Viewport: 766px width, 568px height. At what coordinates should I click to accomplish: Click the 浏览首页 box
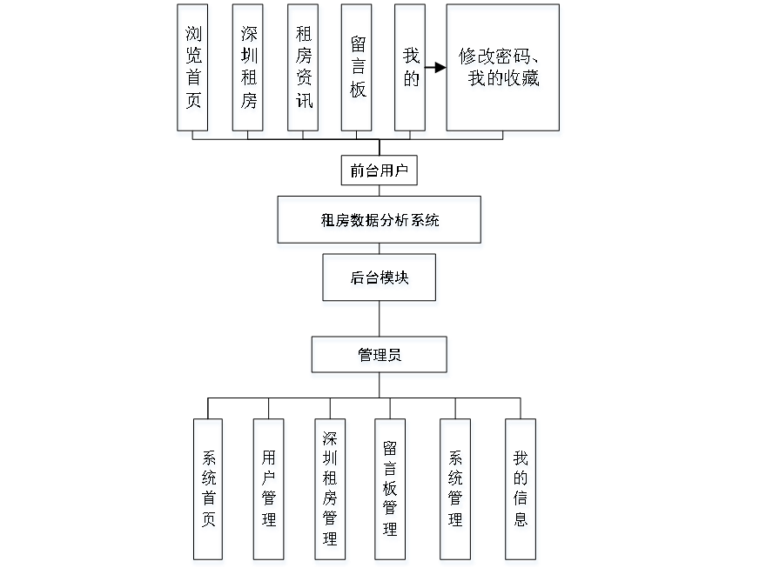pyautogui.click(x=194, y=70)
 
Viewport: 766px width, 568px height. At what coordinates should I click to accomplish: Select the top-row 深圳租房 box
pyautogui.click(x=249, y=70)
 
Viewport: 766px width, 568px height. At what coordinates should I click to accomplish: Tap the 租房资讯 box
pyautogui.click(x=304, y=70)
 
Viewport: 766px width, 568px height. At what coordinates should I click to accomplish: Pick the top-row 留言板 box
pyautogui.click(x=358, y=70)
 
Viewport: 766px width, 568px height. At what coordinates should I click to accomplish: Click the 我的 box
pyautogui.click(x=411, y=70)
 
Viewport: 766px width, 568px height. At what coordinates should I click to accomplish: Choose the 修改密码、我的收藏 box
pyautogui.click(x=503, y=70)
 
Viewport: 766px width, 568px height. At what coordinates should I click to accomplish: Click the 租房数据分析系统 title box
pyautogui.click(x=380, y=223)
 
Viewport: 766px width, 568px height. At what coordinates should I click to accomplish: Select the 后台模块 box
pyautogui.click(x=380, y=280)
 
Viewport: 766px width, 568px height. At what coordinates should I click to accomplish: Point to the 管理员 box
pyautogui.click(x=380, y=358)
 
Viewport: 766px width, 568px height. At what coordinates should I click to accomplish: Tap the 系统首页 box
pyautogui.click(x=209, y=491)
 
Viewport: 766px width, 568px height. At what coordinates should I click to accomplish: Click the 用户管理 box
pyautogui.click(x=270, y=491)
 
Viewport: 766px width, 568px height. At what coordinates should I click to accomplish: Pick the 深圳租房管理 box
pyautogui.click(x=331, y=491)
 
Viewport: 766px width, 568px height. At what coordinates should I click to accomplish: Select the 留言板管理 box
pyautogui.click(x=392, y=491)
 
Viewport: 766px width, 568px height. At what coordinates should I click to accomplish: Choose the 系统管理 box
pyautogui.click(x=458, y=491)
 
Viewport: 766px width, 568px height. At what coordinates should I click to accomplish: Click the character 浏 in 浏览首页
pyautogui.click(x=194, y=36)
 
